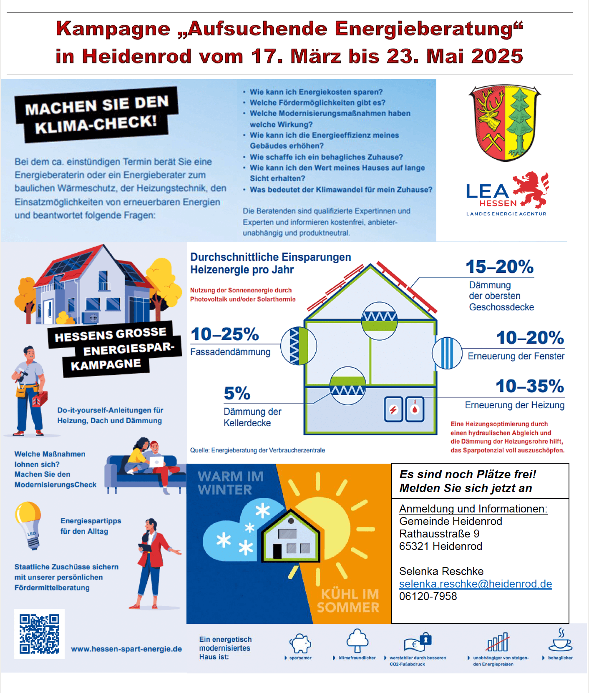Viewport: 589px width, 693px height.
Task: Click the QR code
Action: click(x=39, y=633)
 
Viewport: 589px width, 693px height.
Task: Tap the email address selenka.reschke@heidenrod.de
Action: click(x=476, y=584)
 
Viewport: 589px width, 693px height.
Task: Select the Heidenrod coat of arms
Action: click(x=505, y=123)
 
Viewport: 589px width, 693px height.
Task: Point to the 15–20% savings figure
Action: click(x=499, y=267)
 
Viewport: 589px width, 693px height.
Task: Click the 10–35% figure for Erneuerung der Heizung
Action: click(x=530, y=386)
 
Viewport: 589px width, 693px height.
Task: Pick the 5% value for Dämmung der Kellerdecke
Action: click(x=237, y=393)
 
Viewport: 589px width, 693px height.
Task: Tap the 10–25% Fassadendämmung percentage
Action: click(x=225, y=334)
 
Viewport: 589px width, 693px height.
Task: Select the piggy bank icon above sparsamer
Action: click(x=300, y=643)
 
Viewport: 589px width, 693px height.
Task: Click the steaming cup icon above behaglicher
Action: click(x=560, y=641)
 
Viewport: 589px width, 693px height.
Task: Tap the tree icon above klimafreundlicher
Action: click(x=357, y=640)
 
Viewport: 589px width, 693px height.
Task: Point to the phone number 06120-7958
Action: click(x=428, y=596)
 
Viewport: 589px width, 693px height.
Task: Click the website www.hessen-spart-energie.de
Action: click(x=126, y=649)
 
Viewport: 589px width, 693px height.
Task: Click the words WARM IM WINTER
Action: click(x=231, y=483)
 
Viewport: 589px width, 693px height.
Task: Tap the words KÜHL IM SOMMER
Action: click(x=348, y=600)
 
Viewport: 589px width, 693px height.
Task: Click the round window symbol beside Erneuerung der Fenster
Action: click(x=447, y=353)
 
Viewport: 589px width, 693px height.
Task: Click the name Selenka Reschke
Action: click(x=441, y=571)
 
